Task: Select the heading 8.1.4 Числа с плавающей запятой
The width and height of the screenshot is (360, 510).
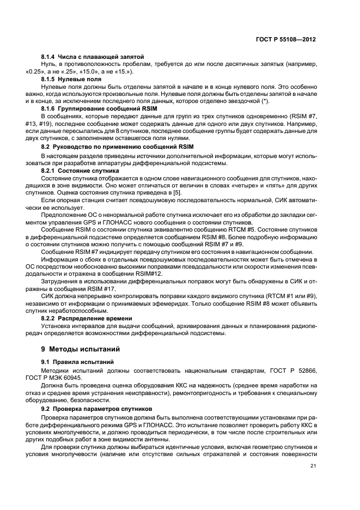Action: (x=92, y=57)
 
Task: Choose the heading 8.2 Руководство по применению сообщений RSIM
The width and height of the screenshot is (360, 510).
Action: (x=117, y=147)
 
